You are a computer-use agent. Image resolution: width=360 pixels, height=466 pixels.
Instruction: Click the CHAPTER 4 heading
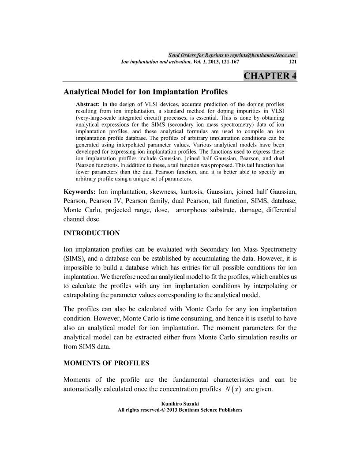(x=270, y=75)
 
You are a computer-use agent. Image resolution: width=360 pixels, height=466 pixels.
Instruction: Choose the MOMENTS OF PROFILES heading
(x=106, y=363)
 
